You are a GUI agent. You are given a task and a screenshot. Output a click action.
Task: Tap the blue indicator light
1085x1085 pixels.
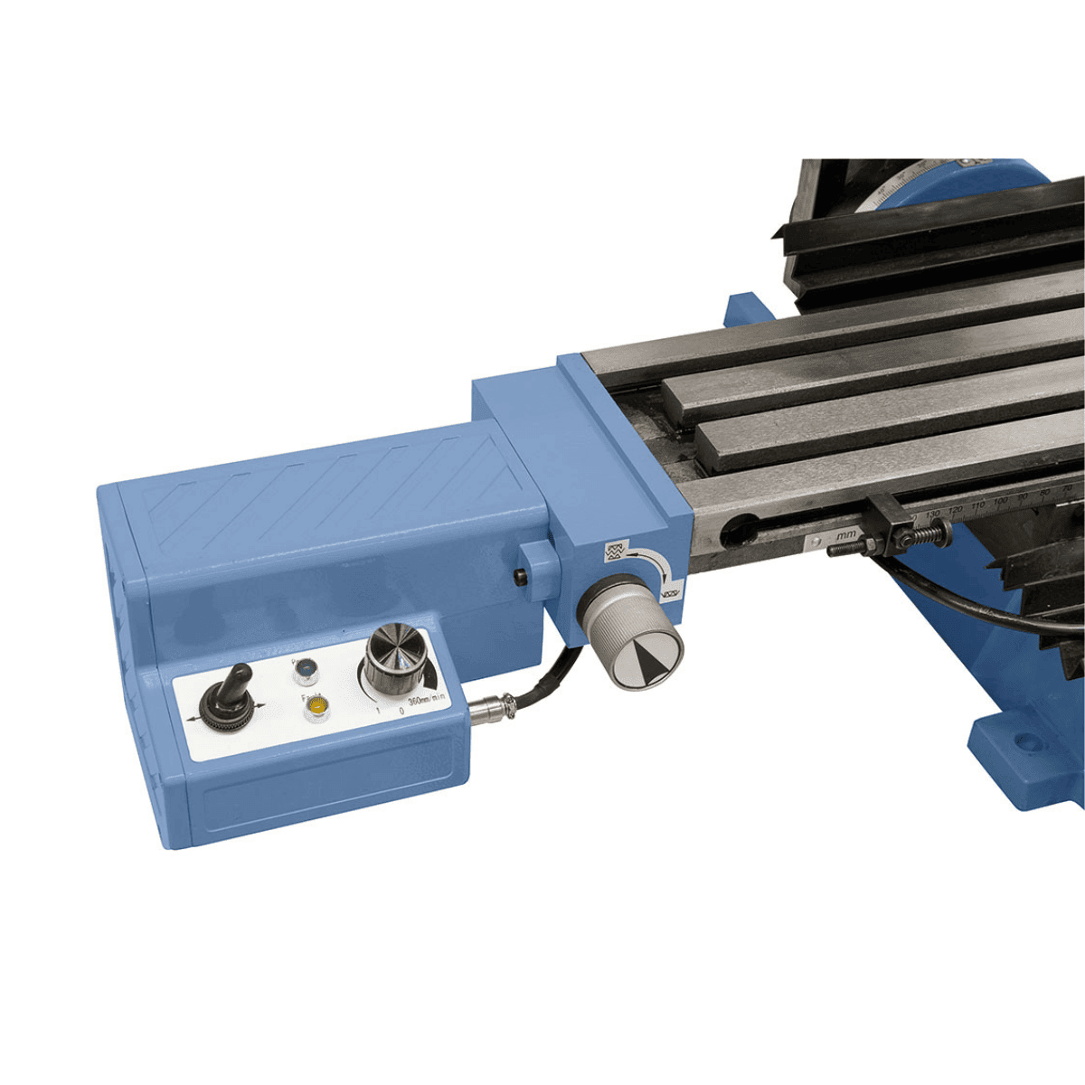click(x=306, y=669)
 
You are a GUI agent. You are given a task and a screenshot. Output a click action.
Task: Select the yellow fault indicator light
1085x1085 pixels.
click(x=316, y=706)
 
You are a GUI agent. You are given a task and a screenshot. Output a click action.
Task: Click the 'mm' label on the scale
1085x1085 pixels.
click(x=846, y=535)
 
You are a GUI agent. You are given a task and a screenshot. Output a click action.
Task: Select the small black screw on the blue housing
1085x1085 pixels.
click(x=519, y=578)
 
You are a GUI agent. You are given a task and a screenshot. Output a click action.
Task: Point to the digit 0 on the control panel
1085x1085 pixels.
click(x=401, y=711)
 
